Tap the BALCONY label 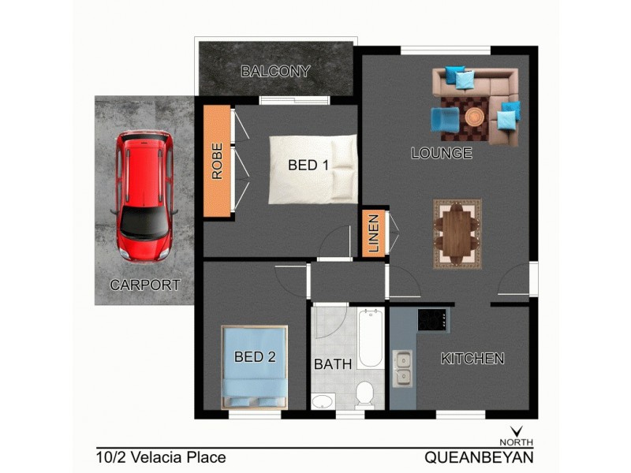pyautogui.click(x=275, y=72)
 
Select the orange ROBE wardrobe pyautogui.click(x=217, y=160)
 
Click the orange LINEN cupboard pyautogui.click(x=374, y=233)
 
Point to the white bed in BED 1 pyautogui.click(x=312, y=169)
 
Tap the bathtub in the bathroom pyautogui.click(x=370, y=339)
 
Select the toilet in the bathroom pyautogui.click(x=365, y=393)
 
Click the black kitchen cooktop pyautogui.click(x=433, y=320)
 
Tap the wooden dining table pyautogui.click(x=456, y=234)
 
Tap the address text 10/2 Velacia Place pyautogui.click(x=161, y=456)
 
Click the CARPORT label pyautogui.click(x=144, y=285)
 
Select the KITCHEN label pyautogui.click(x=472, y=359)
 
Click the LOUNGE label pyautogui.click(x=441, y=154)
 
